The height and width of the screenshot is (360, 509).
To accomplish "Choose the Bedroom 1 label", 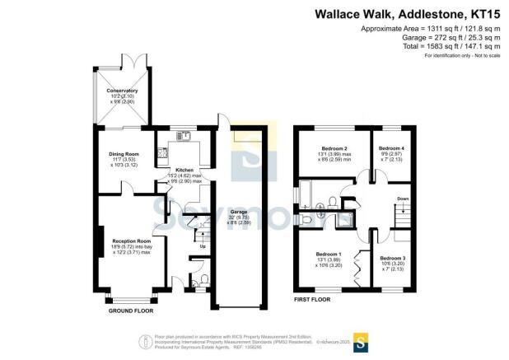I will [329, 253].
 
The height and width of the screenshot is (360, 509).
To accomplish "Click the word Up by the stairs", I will [203, 245].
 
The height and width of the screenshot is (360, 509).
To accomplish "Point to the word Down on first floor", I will [403, 199].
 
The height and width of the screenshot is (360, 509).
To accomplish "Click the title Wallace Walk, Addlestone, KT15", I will [415, 14].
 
